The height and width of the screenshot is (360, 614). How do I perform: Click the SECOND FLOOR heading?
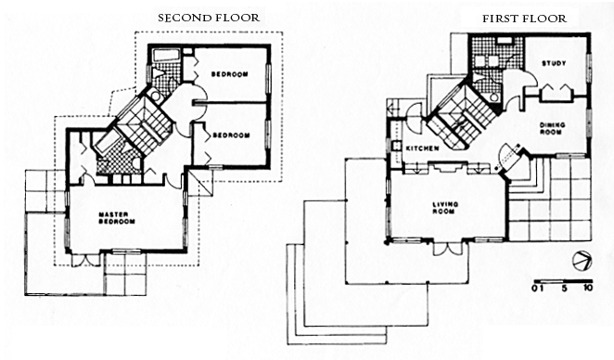209,18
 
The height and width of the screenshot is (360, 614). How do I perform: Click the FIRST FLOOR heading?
524,19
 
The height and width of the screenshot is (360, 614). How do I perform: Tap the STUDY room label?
554,63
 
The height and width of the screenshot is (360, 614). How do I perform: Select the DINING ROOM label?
553,128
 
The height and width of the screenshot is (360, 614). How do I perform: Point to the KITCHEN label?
422,148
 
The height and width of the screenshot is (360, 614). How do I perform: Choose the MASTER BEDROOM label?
117,218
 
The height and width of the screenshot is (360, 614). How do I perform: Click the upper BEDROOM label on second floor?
229,74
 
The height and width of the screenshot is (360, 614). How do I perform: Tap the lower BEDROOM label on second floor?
231,135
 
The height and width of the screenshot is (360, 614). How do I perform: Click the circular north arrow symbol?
582,261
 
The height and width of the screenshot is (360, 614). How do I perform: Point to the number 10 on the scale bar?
587,288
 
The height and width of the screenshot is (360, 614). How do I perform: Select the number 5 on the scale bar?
564,288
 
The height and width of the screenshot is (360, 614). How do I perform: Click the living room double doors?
448,248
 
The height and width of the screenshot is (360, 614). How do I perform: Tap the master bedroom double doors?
86,260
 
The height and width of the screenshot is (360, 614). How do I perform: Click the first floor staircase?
462,117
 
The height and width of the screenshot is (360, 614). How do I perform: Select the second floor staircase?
144,125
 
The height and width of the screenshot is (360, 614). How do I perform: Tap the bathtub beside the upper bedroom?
166,55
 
